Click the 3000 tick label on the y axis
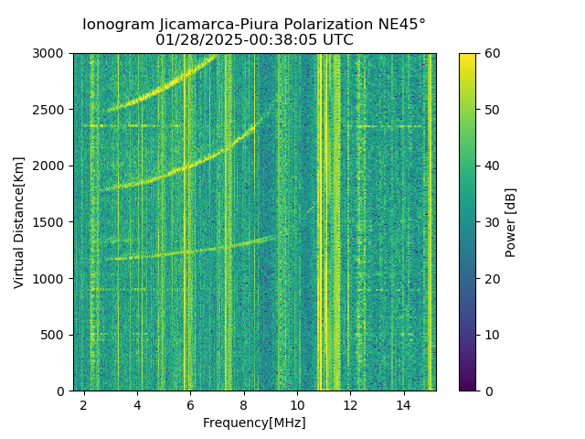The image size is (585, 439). tap(52, 53)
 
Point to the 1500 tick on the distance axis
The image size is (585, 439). tap(52, 222)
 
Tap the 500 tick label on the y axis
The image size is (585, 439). tap(56, 335)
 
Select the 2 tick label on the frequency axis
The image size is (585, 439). tap(84, 404)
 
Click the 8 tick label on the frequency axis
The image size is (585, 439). tap(244, 404)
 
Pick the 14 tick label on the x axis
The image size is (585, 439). tap(403, 404)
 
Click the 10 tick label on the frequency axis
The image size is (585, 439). tap(297, 404)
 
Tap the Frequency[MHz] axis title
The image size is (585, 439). tap(254, 423)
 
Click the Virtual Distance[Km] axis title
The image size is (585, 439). tap(19, 222)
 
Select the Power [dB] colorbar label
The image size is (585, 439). tap(511, 222)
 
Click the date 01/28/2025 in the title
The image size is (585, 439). tap(192, 40)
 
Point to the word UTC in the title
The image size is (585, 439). tap(337, 40)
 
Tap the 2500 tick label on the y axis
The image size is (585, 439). tap(52, 110)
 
